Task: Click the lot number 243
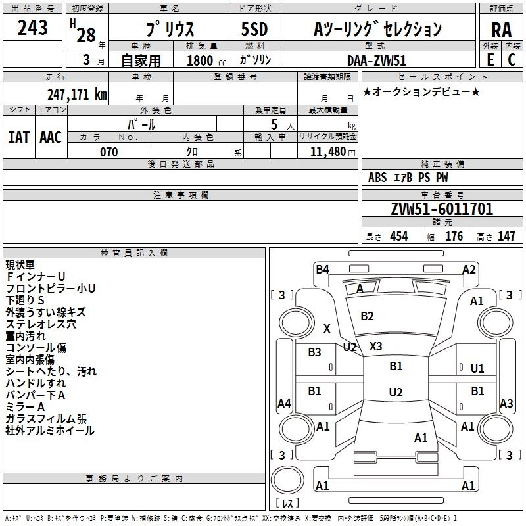(x=33, y=28)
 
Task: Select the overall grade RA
(x=501, y=30)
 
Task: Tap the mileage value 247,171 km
(x=78, y=95)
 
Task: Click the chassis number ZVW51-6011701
(x=442, y=210)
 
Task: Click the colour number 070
(x=108, y=152)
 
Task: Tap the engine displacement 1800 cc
(x=201, y=61)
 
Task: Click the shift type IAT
(x=18, y=137)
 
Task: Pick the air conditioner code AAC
(x=51, y=137)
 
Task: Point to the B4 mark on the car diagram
(x=322, y=269)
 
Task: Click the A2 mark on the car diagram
(x=469, y=269)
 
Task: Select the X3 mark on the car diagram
(x=375, y=346)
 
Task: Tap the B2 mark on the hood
(x=367, y=316)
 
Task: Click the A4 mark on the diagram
(x=284, y=404)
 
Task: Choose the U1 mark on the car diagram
(x=477, y=369)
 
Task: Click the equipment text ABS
(x=377, y=178)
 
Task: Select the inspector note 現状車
(x=20, y=265)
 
